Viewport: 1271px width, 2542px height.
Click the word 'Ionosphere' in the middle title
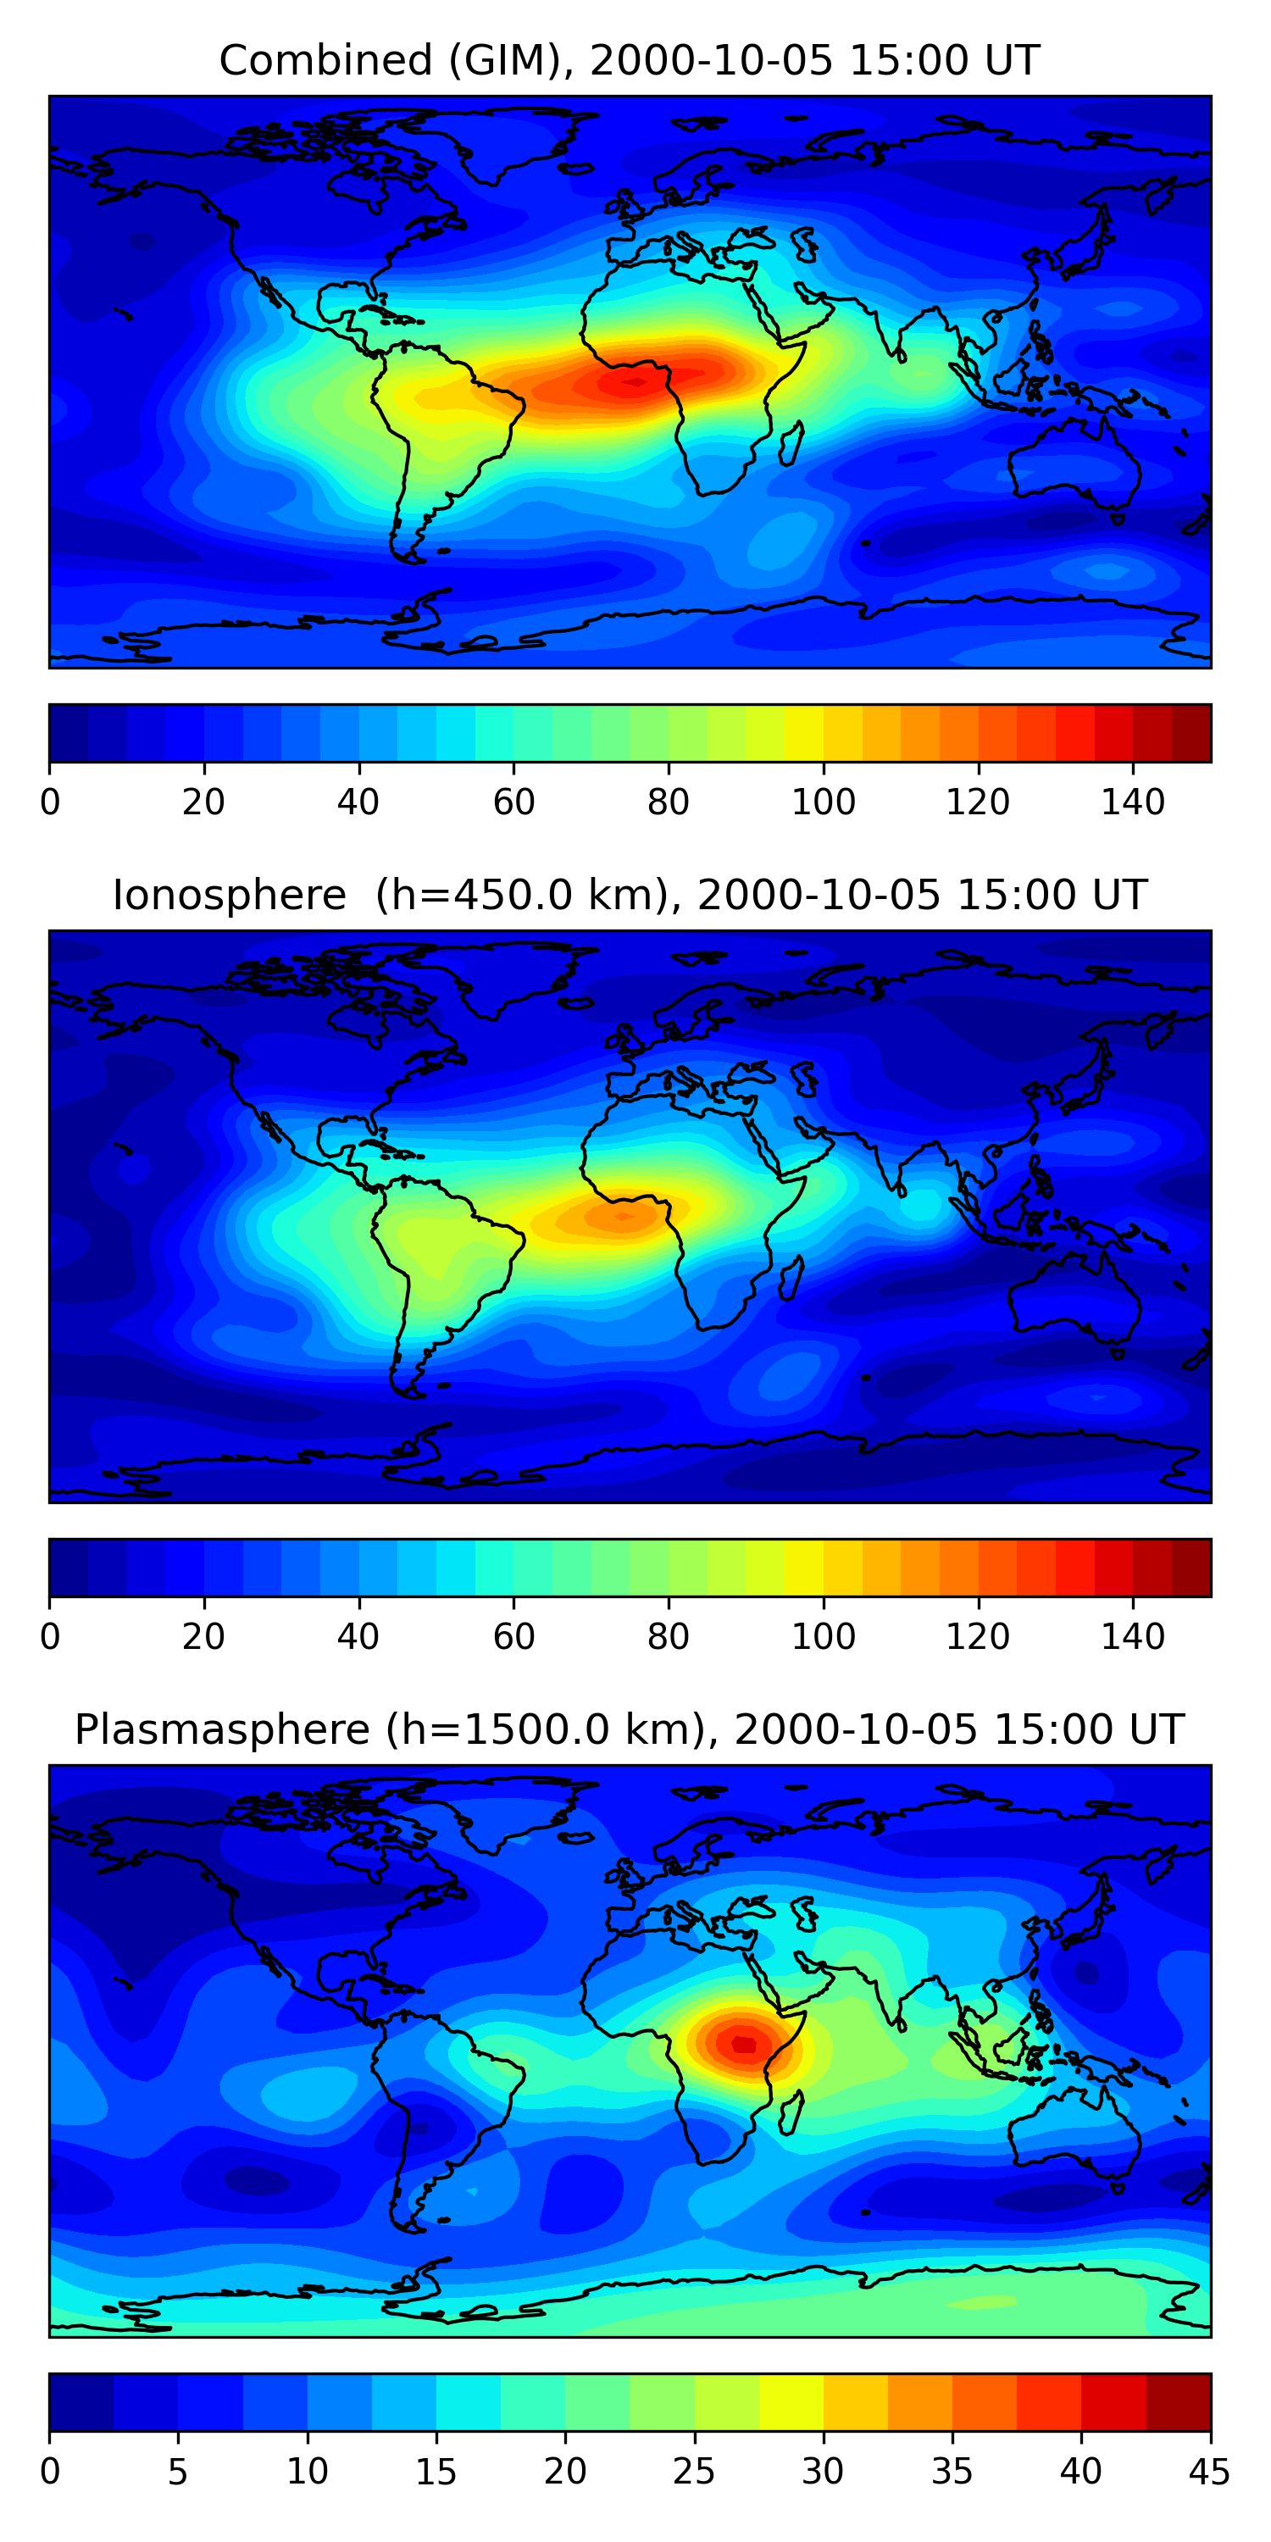pyautogui.click(x=229, y=896)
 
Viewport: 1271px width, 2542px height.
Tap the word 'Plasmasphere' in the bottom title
pyautogui.click(x=222, y=1730)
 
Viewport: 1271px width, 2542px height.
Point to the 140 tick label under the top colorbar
pyautogui.click(x=1133, y=802)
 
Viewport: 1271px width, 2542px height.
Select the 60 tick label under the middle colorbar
pyautogui.click(x=513, y=1637)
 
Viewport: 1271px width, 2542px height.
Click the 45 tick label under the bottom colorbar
pyautogui.click(x=1209, y=2472)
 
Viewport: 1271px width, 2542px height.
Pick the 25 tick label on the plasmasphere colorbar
pyautogui.click(x=694, y=2472)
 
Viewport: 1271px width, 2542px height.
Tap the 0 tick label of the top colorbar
pyautogui.click(x=50, y=802)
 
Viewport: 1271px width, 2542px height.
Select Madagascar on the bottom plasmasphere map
pyautogui.click(x=790, y=2114)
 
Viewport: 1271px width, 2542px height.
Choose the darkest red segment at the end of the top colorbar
pyautogui.click(x=1191, y=733)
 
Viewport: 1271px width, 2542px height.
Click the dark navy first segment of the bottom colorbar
pyautogui.click(x=80, y=2403)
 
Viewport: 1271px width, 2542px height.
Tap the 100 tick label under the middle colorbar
pyautogui.click(x=823, y=1637)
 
